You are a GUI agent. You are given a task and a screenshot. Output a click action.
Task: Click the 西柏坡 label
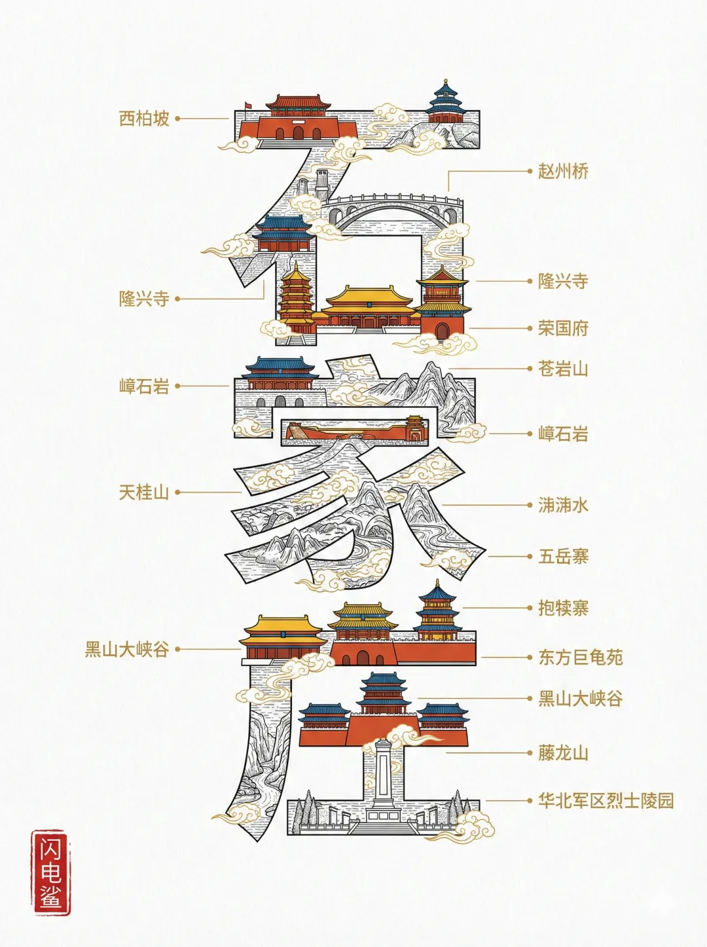[144, 119]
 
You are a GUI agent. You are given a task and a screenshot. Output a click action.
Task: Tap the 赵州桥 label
[563, 172]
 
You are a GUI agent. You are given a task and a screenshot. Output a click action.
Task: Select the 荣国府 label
[563, 328]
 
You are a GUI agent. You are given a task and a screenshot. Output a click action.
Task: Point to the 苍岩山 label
[563, 369]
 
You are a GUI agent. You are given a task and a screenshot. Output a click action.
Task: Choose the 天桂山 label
[144, 492]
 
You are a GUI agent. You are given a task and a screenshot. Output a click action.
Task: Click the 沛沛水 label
[563, 505]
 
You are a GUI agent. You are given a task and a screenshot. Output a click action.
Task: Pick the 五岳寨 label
[563, 557]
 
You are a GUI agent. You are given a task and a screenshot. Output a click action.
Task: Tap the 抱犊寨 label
[563, 608]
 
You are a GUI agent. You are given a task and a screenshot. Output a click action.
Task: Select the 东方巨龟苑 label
[580, 657]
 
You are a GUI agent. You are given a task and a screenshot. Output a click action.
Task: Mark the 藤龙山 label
[563, 752]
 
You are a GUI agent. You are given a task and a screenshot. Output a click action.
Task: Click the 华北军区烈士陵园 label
[606, 800]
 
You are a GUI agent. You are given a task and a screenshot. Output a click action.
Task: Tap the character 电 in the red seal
[50, 873]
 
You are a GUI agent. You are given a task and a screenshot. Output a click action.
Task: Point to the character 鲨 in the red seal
[50, 897]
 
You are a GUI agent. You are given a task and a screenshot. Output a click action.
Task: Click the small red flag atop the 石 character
[247, 106]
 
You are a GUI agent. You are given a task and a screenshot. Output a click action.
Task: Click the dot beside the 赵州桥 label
[530, 171]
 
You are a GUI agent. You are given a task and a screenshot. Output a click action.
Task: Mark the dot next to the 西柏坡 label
[177, 119]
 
